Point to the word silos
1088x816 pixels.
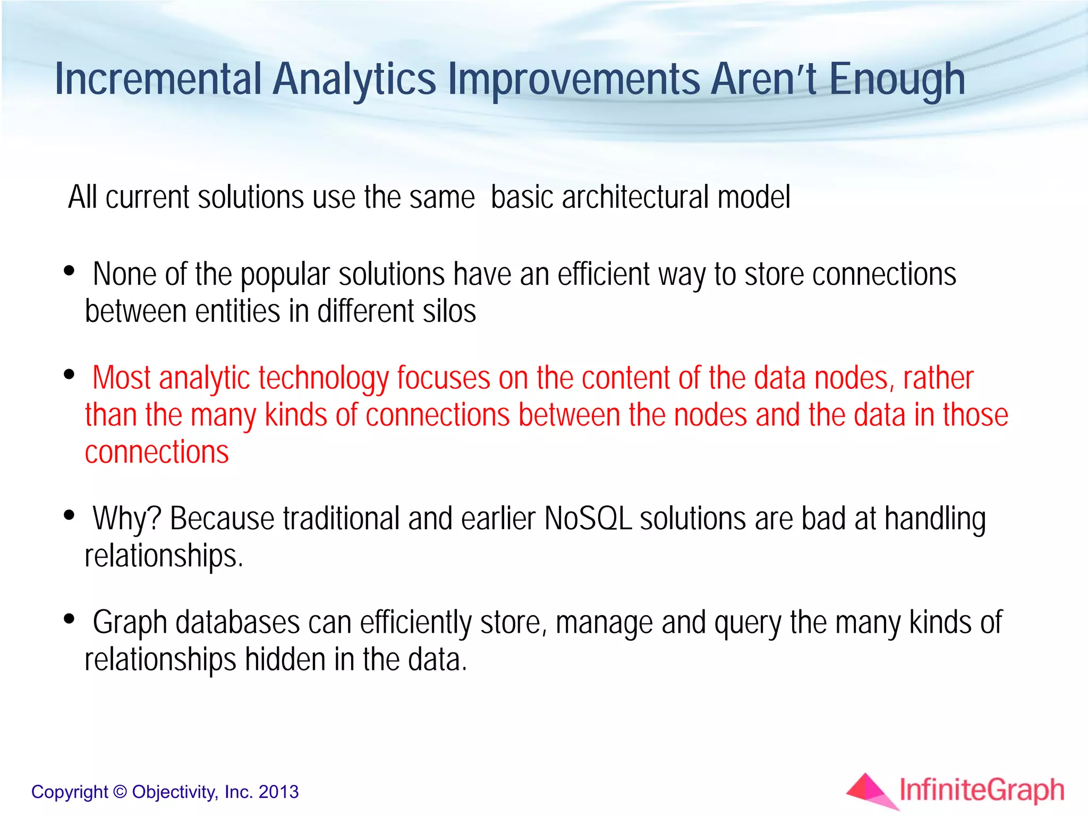(x=448, y=311)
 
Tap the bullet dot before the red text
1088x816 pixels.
(x=69, y=375)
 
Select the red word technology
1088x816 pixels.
(x=324, y=379)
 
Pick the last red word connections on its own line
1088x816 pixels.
(x=157, y=452)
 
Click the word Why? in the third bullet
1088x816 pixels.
(x=126, y=518)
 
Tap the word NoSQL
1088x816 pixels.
(x=588, y=518)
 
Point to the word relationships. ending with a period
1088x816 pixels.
(x=164, y=556)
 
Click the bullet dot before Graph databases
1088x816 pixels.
(x=69, y=619)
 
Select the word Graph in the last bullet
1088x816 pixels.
(x=130, y=623)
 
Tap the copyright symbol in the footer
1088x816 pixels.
(x=121, y=792)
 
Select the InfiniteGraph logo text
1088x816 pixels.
(x=982, y=790)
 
